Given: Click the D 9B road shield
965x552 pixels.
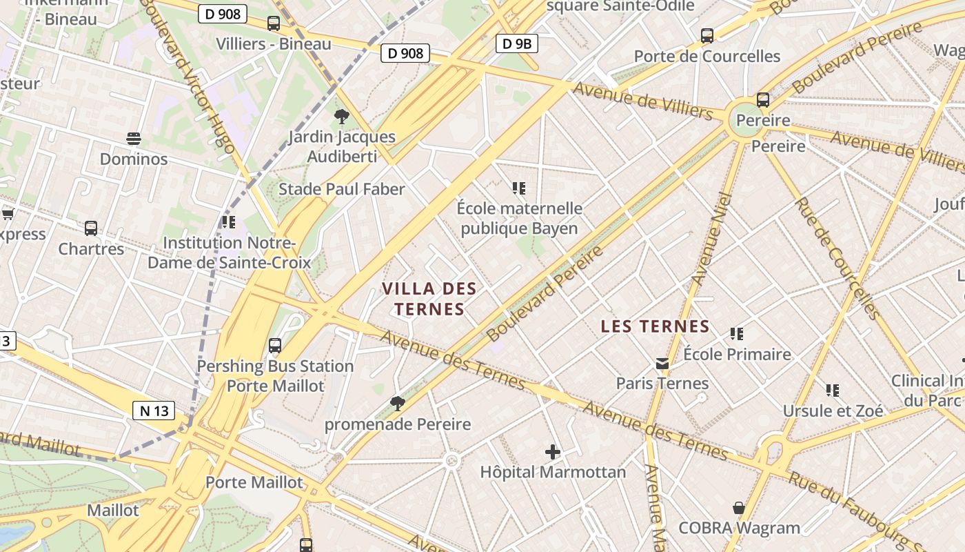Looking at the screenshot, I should coord(516,44).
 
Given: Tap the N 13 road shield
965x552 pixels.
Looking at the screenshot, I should coord(154,411).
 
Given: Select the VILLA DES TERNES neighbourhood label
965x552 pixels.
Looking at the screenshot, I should coord(429,298).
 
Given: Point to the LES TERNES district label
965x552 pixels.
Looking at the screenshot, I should coord(655,326).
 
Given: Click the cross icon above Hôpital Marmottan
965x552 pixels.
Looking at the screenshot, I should coord(553,452).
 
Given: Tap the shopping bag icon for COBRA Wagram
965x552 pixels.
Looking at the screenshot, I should coord(738,509).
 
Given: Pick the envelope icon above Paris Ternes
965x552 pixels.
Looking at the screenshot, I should coord(662,363).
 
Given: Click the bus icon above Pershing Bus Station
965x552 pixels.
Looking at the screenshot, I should coord(275,346).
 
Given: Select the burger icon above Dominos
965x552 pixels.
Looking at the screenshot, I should coord(134,139).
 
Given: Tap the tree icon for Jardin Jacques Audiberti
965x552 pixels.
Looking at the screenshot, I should coord(341,117).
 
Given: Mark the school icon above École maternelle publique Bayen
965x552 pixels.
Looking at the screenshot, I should coord(519,188).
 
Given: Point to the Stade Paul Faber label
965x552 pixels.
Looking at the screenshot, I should coord(341,189).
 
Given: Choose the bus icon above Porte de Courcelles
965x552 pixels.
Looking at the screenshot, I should coord(707,36).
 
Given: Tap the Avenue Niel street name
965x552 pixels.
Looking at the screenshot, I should coord(710,238).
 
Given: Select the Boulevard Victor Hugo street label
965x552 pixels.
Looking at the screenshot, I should coord(188,76).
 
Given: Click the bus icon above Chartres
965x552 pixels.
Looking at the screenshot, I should coord(91,228).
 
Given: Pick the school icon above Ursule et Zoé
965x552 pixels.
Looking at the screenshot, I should coord(833,391).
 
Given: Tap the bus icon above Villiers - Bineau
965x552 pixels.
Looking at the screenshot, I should coord(274,23).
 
